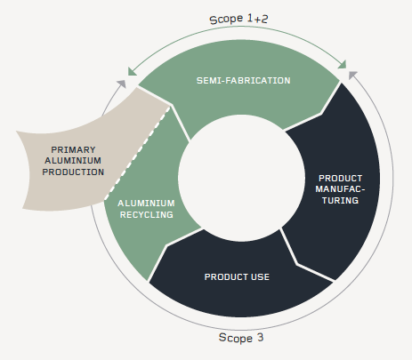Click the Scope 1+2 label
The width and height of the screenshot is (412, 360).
[238, 20]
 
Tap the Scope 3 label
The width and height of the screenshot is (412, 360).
[241, 338]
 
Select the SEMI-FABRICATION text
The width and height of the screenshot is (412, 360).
[243, 81]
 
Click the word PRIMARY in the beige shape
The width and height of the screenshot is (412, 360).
[73, 149]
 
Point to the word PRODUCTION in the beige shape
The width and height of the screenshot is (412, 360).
[73, 172]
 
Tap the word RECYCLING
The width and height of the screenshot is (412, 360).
[147, 214]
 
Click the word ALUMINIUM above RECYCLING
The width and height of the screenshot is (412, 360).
[146, 204]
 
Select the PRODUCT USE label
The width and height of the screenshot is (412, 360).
[237, 276]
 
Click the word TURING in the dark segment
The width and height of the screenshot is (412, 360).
[340, 201]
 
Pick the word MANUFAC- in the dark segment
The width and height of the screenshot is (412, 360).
[340, 189]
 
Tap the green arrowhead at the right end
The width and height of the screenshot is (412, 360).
[343, 65]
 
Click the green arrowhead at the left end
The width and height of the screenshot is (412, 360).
[132, 72]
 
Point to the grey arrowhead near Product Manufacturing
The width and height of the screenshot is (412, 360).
[352, 75]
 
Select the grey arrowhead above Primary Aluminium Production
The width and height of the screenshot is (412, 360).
[122, 84]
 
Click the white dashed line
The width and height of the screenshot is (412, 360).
[137, 153]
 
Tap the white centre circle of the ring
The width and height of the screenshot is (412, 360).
[241, 178]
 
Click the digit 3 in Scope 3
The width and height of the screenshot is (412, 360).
[260, 337]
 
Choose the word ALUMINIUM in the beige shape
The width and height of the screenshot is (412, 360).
[73, 161]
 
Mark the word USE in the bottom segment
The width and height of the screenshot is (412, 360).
[260, 276]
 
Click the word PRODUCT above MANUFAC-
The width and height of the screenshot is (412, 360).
[340, 179]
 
